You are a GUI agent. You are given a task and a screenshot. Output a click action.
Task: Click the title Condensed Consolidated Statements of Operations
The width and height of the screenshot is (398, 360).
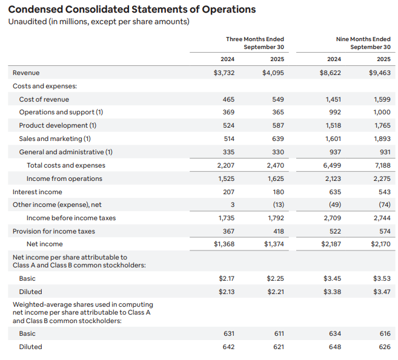[131, 10]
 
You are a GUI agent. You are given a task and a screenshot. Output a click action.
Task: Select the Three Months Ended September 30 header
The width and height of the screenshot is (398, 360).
[254, 43]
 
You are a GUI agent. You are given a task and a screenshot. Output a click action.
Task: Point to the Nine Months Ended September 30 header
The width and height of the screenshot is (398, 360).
[363, 43]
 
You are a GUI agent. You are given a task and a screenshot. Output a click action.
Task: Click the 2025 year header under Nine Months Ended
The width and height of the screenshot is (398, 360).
[383, 59]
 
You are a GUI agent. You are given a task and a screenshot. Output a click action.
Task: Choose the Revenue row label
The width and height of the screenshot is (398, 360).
[26, 73]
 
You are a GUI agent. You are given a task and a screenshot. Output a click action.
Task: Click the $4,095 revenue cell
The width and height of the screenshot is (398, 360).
[273, 73]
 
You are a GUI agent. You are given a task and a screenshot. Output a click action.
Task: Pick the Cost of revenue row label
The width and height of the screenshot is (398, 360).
[44, 99]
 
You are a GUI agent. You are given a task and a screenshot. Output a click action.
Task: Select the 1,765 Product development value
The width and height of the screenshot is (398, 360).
[382, 125]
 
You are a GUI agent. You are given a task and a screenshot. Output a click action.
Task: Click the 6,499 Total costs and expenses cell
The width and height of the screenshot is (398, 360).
[333, 165]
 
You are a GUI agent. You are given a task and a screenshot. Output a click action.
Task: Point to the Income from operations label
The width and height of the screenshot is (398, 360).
[64, 178]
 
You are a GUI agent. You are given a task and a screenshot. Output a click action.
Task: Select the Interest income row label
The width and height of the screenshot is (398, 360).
[37, 192]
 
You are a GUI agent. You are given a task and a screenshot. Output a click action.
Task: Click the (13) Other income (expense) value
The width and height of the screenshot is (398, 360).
[277, 205]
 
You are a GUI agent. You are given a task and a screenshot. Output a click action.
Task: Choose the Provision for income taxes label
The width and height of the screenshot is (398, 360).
[53, 231]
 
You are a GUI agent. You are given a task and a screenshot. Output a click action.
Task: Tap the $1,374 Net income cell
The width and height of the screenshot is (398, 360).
[273, 244]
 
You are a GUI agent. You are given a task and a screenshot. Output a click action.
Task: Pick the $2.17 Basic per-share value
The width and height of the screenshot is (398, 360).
[226, 278]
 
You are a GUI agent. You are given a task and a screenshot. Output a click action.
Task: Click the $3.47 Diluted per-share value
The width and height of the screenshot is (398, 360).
[381, 292]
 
